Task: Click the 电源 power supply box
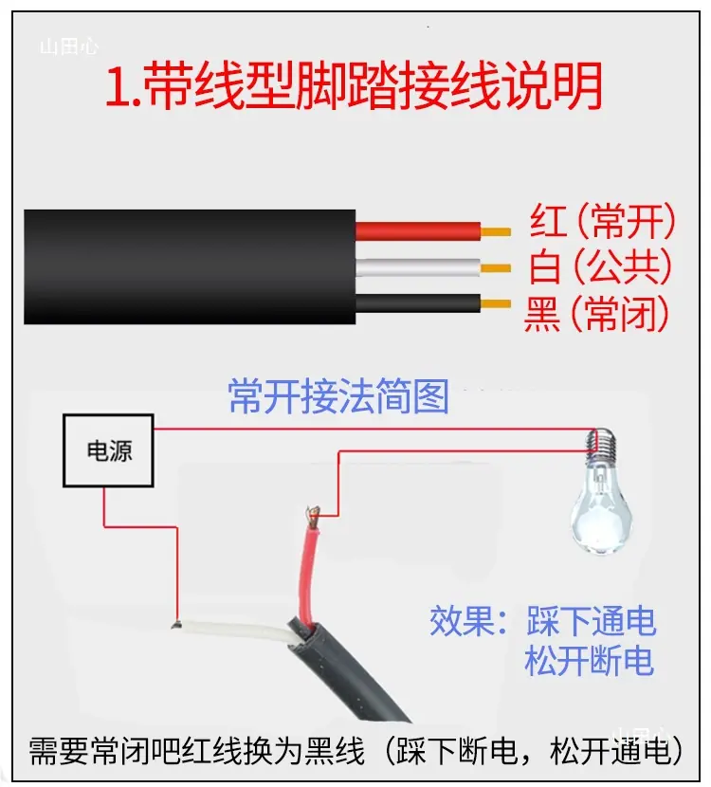pos(108,450)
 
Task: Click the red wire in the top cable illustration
pos(418,230)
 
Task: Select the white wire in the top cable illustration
pos(418,267)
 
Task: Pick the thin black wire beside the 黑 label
pos(418,303)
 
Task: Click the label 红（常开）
pos(603,221)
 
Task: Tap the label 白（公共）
pos(600,266)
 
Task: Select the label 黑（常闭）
pos(596,313)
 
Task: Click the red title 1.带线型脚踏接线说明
pos(354,85)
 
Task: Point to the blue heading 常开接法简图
pos(338,396)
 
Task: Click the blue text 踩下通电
pos(592,621)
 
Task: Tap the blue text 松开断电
pos(590,660)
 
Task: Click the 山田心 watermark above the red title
pos(69,47)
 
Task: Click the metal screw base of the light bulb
pos(601,442)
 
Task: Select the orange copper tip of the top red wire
pos(496,232)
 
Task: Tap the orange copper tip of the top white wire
pos(496,268)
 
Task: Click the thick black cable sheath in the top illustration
pos(190,267)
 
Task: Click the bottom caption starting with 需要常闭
pos(355,751)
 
